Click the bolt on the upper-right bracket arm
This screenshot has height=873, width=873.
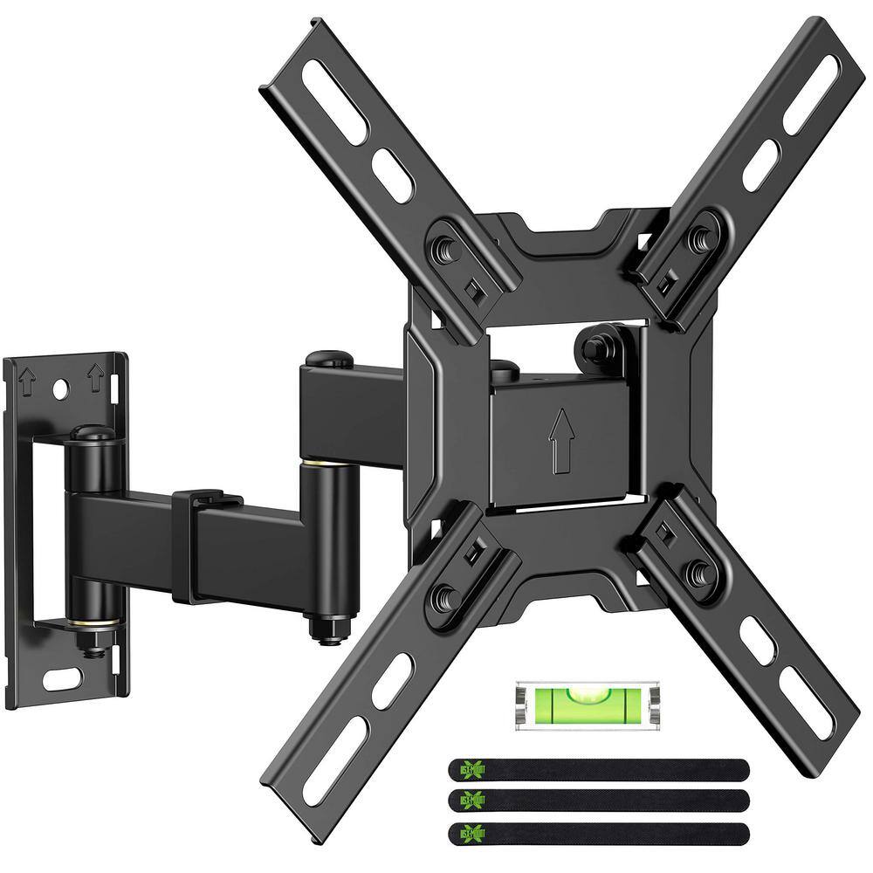(x=699, y=237)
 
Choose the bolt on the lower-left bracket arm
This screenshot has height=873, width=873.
(x=443, y=598)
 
